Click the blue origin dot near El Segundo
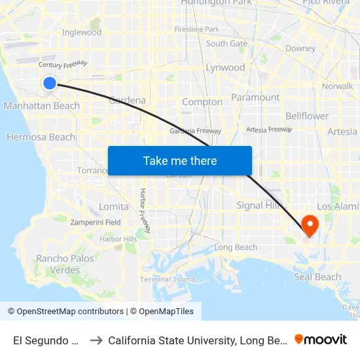50,83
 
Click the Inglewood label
81,32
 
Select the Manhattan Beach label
41,105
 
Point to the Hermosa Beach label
41,137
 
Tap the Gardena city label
127,100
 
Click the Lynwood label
225,67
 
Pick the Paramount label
256,98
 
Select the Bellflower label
307,116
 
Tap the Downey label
300,48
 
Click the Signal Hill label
259,205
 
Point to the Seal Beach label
317,277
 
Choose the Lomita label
109,206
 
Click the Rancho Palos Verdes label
65,264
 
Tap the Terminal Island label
168,279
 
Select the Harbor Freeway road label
143,210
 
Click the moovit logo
321,339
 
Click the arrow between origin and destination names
96,340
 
